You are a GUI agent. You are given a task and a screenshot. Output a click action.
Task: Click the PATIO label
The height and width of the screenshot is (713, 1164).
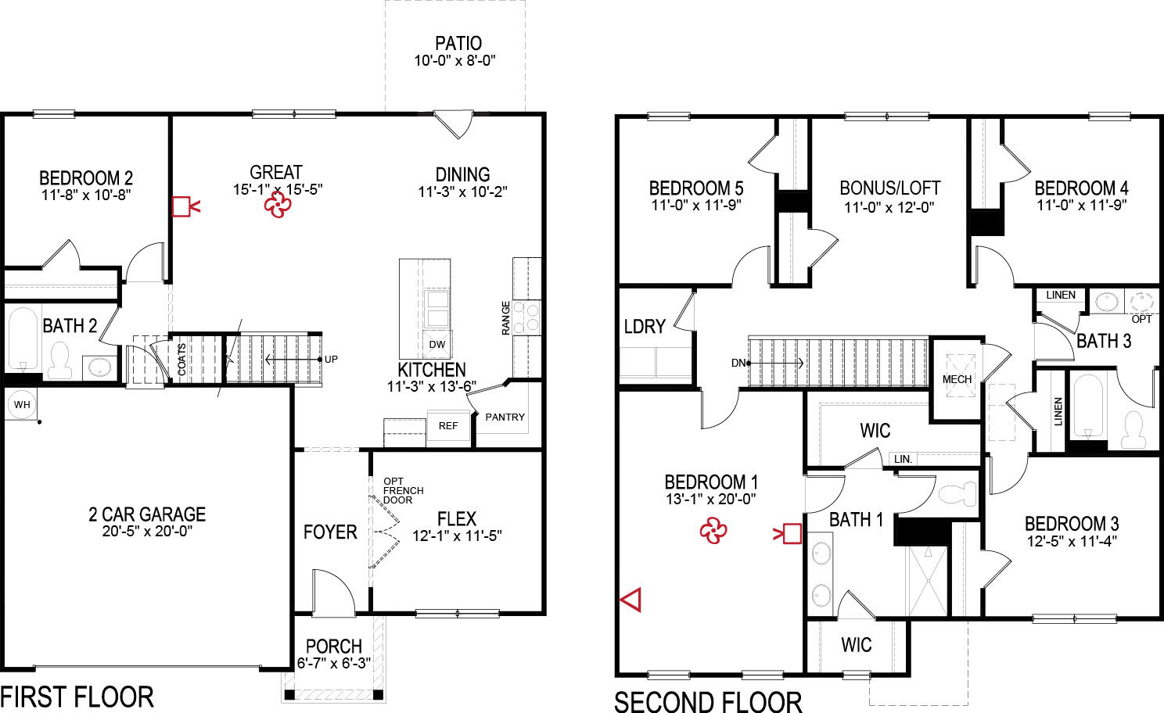pos(458,44)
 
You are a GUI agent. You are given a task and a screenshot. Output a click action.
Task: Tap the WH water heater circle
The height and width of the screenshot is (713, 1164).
pos(22,404)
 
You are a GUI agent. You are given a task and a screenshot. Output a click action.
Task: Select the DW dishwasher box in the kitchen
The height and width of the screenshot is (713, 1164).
pos(437,344)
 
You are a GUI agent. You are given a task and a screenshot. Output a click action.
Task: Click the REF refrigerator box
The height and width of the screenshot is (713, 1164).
pos(448,426)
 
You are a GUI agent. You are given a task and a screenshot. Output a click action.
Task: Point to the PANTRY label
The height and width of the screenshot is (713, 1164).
pos(505,417)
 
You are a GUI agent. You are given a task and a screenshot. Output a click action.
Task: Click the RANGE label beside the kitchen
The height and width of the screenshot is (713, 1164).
pos(506,318)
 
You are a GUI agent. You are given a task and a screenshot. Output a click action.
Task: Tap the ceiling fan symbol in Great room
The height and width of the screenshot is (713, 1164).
pos(278,206)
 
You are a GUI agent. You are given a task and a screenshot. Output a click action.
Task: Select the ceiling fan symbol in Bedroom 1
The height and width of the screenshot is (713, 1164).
pos(713,532)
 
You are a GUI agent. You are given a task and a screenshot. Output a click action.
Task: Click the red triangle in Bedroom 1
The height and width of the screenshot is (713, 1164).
pos(631,600)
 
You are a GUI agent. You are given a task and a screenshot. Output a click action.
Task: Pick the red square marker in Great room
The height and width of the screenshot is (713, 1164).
pos(181,206)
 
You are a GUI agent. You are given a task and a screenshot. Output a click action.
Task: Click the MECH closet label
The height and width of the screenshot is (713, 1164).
pos(957,379)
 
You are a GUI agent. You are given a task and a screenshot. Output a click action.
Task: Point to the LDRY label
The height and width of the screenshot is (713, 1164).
pos(645,327)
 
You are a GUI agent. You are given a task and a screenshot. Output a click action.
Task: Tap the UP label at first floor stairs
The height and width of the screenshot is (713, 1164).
pos(331,360)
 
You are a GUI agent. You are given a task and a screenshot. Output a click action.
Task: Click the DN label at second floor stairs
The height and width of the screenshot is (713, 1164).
pos(738,363)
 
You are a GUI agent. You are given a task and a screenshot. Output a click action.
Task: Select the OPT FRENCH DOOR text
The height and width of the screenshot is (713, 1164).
pos(403,490)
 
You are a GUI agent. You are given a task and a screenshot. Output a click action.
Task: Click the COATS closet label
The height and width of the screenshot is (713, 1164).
pos(182,360)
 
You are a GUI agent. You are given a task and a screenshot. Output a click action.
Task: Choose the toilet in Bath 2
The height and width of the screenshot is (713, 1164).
pos(59,360)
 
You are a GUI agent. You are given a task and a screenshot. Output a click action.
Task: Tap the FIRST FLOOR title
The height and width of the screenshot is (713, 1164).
pos(77,697)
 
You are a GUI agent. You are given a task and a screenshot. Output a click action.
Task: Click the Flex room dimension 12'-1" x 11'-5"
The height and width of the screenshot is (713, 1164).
pos(457,536)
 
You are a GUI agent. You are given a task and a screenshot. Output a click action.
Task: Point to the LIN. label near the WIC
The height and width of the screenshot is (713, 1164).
pos(903,459)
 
